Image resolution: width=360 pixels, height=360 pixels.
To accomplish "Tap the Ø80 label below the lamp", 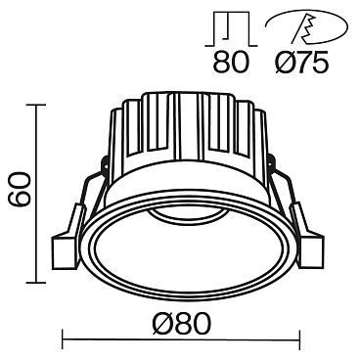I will (x=181, y=320).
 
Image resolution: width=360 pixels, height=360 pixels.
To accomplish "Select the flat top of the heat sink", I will (x=181, y=96).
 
